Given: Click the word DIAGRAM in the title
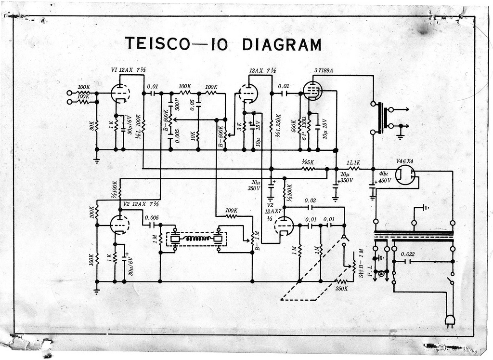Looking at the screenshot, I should (282, 44).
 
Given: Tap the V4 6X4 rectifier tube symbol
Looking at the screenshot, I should (405, 175).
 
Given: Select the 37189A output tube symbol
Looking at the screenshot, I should (312, 91).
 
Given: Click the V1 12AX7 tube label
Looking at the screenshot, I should (128, 70).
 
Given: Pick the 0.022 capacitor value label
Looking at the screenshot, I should (407, 254).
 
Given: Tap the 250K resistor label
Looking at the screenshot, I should (341, 288).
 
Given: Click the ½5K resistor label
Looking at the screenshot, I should (308, 162).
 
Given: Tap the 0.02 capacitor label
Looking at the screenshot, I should (310, 200).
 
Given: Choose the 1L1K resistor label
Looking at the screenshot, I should (353, 162).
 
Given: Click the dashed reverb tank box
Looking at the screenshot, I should (196, 239).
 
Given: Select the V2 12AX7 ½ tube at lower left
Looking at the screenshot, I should (119, 224).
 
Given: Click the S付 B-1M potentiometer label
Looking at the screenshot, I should (361, 265).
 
